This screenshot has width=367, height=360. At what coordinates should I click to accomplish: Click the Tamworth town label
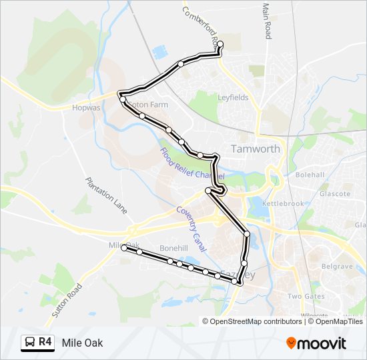255,149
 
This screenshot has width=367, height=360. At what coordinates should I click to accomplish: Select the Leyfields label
233,97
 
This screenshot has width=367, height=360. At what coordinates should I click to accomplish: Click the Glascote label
334,193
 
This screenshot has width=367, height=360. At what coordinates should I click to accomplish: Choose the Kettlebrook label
283,203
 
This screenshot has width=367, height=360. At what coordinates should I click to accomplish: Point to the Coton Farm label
148,105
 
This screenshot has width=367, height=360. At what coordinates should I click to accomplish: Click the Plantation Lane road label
105,195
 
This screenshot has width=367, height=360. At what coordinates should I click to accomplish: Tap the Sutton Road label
66,300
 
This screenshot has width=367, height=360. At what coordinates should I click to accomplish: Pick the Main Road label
266,21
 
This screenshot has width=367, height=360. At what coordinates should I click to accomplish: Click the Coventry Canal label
190,223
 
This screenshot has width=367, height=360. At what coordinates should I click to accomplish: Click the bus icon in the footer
30,343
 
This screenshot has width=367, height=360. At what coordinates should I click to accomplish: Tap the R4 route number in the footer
45,343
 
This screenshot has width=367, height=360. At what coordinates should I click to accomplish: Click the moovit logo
316,343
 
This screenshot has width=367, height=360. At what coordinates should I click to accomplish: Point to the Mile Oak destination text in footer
82,343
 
